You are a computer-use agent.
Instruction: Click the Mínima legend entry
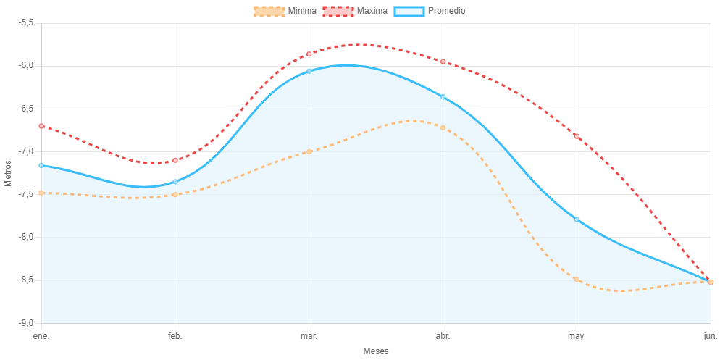tap(285, 11)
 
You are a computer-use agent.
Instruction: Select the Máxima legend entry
tap(355, 11)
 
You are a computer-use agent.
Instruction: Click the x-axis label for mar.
tap(309, 336)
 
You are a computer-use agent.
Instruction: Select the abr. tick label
tap(443, 336)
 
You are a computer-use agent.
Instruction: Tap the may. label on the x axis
tap(577, 336)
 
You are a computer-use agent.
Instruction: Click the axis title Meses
tap(376, 351)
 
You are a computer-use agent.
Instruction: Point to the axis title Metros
tap(9, 172)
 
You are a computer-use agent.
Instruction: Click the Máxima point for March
tap(309, 54)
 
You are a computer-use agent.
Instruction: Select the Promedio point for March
tap(309, 71)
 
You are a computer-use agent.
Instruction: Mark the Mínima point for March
tap(309, 151)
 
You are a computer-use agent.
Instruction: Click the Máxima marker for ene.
tap(41, 126)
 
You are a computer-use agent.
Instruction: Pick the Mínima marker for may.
tap(577, 279)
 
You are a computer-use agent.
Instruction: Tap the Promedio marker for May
tap(577, 219)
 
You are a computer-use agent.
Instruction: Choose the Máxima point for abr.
tap(443, 62)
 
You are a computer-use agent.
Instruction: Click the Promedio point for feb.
tap(175, 181)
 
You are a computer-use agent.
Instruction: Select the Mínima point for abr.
tap(443, 127)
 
